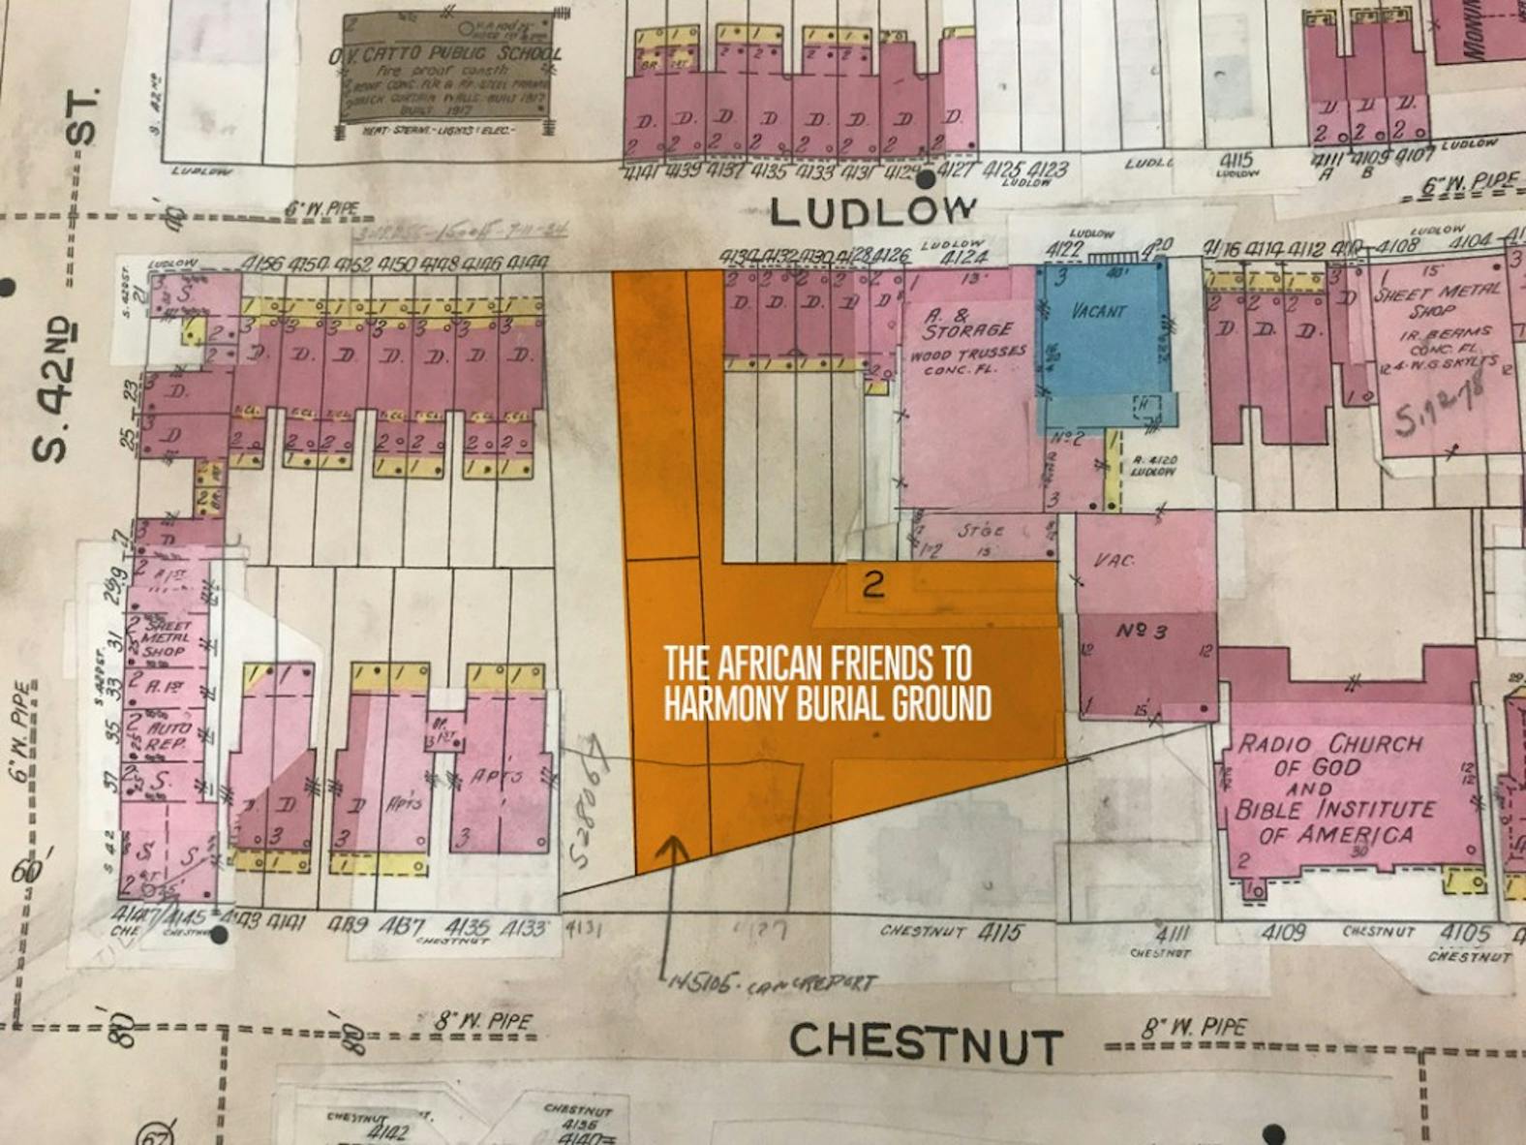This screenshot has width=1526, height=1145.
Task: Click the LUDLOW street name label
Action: pyautogui.click(x=872, y=209)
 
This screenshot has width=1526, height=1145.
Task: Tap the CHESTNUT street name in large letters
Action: pyautogui.click(x=926, y=1044)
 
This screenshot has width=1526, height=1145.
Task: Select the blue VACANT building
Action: pyautogui.click(x=1101, y=339)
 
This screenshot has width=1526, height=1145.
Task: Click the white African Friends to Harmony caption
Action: pyautogui.click(x=827, y=684)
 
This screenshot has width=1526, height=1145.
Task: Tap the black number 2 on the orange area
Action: pyautogui.click(x=873, y=583)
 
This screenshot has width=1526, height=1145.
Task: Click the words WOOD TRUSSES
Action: pyautogui.click(x=967, y=355)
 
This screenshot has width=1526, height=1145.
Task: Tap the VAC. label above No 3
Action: pyautogui.click(x=1113, y=561)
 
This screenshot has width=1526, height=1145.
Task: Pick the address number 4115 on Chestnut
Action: pyautogui.click(x=1000, y=932)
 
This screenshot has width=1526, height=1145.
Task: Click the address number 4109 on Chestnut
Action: pyautogui.click(x=1283, y=932)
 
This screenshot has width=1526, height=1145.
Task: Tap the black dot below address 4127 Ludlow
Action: pyautogui.click(x=926, y=179)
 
